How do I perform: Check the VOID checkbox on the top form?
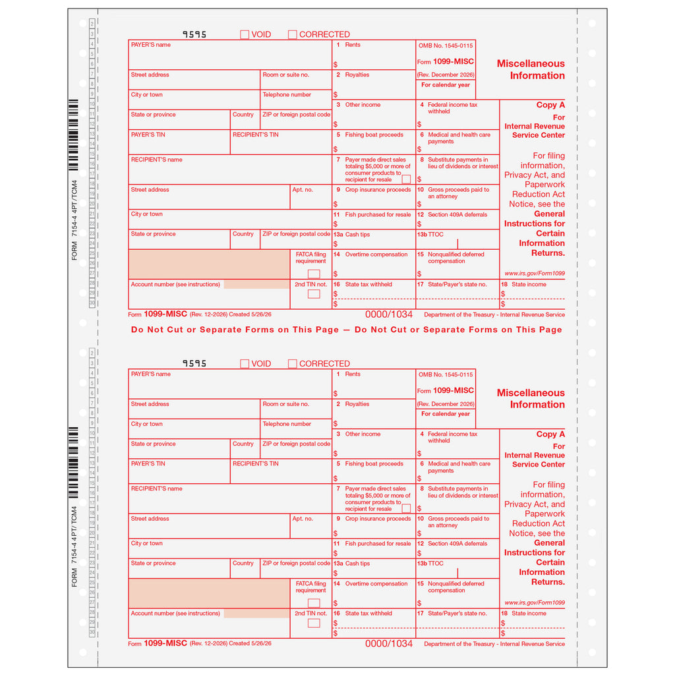coord(245,34)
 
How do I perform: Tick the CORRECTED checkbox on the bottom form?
coord(292,364)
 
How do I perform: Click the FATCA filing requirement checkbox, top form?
coord(314,274)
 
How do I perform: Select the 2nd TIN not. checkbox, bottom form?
coord(314,623)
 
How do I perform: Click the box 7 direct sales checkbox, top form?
coord(406,179)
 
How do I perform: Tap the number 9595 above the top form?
coord(194,34)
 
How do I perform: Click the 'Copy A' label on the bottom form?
coord(550,434)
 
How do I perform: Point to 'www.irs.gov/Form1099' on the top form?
coord(535,274)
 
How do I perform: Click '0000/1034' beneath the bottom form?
coord(389,643)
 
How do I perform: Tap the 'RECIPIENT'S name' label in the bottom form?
coord(157,488)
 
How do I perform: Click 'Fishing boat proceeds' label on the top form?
coord(374,134)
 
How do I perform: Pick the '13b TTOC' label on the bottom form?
coord(430,563)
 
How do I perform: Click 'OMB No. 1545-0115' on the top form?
coord(446,45)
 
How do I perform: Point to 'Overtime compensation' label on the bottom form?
coord(376,584)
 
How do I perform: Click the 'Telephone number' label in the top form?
coord(287,95)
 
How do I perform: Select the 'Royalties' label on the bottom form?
coord(357,404)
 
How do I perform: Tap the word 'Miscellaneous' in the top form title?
coord(531,64)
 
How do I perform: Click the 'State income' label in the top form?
coord(529,284)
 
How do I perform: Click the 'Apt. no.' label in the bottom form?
coord(303,519)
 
